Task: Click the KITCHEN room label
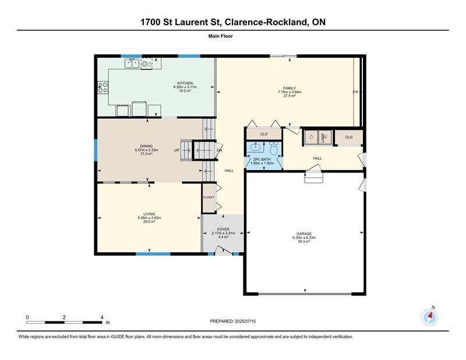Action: tap(185, 83)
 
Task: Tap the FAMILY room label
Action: tap(290, 88)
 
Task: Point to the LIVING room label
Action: tap(149, 214)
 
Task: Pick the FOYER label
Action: tap(223, 229)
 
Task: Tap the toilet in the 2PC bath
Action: tap(272, 148)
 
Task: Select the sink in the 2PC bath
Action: tap(254, 148)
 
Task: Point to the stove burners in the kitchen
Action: tap(103, 87)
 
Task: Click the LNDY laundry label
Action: tap(324, 137)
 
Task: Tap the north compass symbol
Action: tap(429, 316)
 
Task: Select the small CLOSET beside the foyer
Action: tap(209, 197)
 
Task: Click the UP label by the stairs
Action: tap(176, 150)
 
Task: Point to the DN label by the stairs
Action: tap(219, 150)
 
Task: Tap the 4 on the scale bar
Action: tap(102, 317)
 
